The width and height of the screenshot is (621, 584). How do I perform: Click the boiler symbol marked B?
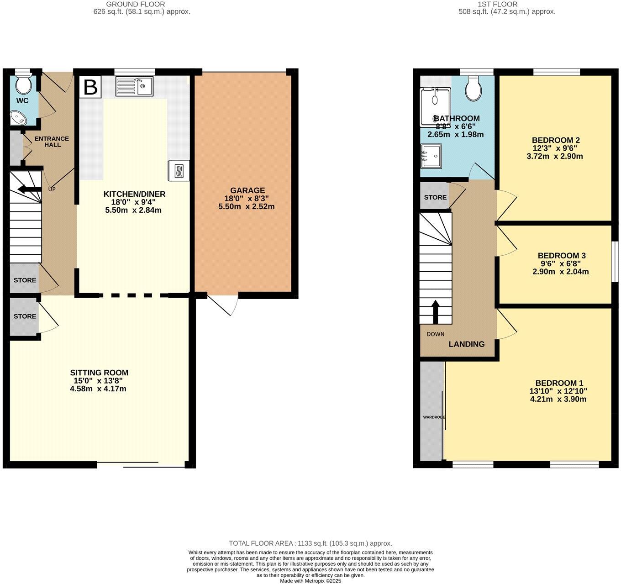click(90, 87)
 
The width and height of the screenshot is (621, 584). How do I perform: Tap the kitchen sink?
click(135, 86)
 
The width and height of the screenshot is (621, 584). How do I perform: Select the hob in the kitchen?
click(179, 170)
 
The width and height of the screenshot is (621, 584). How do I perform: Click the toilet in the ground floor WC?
click(22, 84)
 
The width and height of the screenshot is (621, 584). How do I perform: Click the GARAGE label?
click(247, 190)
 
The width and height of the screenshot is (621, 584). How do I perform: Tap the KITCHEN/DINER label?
click(134, 194)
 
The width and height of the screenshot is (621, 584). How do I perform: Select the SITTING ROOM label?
click(99, 373)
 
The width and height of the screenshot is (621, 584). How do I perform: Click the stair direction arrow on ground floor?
click(29, 189)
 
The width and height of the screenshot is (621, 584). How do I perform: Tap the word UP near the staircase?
click(52, 189)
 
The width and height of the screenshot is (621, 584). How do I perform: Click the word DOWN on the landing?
click(435, 334)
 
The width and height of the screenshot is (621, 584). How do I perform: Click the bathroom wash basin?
click(431, 156)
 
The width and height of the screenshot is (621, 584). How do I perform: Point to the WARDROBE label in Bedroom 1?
click(433, 417)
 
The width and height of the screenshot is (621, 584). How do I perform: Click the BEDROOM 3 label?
click(561, 256)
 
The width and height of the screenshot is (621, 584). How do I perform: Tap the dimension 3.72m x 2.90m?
click(554, 156)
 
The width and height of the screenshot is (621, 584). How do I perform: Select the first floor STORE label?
click(435, 197)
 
